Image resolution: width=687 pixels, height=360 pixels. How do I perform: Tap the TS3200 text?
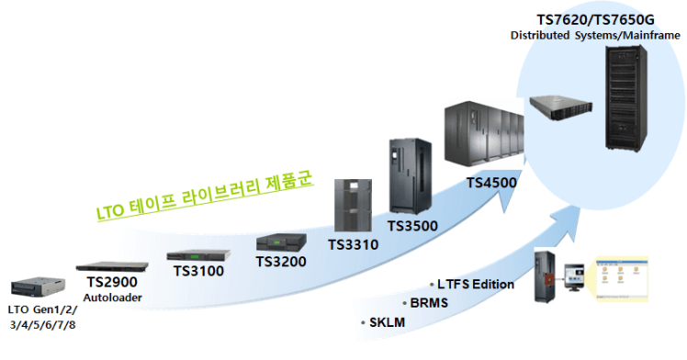(x=280, y=262)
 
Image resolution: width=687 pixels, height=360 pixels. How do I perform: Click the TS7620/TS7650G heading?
(x=596, y=19)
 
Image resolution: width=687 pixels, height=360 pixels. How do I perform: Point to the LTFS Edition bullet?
(x=475, y=284)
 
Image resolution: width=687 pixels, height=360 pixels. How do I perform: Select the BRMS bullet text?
(x=428, y=302)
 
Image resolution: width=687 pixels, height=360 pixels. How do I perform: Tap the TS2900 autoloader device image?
(x=110, y=264)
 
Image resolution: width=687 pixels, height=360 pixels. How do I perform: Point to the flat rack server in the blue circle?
(x=560, y=107)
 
